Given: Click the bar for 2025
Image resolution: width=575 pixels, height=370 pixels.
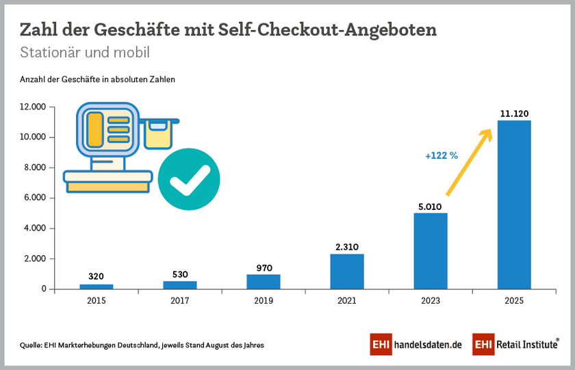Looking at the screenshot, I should (514, 204).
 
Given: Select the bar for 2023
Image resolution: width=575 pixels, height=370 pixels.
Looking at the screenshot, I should (431, 251).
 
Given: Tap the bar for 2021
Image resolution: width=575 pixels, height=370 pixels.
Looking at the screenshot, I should (347, 272).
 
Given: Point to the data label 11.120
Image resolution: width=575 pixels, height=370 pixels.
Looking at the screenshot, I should (514, 114).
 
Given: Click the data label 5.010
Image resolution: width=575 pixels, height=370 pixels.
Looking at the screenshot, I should (431, 205).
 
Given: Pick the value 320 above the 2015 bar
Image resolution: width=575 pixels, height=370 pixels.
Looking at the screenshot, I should (97, 277).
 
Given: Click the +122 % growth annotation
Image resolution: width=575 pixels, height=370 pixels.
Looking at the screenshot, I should (441, 155).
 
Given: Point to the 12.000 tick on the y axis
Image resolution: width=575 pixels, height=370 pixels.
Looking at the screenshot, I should (32, 107).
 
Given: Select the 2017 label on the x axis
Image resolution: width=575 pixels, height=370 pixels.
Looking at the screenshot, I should (180, 300).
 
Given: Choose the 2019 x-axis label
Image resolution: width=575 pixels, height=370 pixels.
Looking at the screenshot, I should (264, 300).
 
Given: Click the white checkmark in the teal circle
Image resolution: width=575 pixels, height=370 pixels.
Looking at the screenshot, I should (189, 180).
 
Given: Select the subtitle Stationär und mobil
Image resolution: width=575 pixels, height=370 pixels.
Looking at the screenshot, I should (85, 52).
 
